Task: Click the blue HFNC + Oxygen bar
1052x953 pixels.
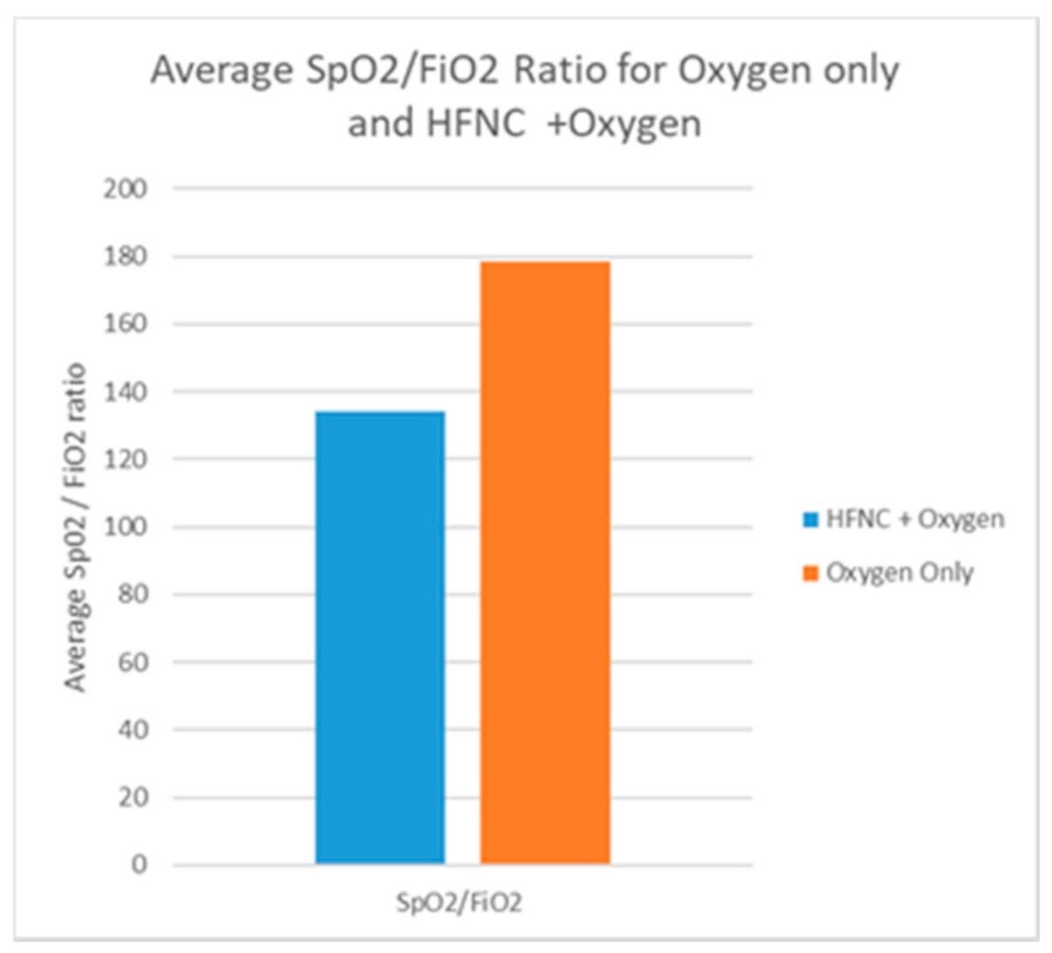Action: point(379,636)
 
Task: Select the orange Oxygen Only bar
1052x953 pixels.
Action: point(544,562)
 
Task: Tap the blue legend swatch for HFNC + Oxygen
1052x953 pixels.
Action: point(810,521)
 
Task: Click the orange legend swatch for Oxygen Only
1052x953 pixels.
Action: point(810,574)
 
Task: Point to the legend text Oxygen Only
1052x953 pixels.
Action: point(899,573)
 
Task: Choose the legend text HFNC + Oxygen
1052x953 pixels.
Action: point(915,520)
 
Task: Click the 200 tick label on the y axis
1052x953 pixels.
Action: point(125,188)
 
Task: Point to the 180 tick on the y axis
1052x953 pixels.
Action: point(125,256)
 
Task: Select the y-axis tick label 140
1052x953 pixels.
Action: point(125,391)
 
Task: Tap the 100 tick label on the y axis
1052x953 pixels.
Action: point(125,527)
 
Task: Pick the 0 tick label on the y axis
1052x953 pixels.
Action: point(139,864)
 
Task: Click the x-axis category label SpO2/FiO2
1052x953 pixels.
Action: point(459,902)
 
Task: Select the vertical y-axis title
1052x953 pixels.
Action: point(76,527)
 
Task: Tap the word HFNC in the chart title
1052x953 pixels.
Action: point(475,123)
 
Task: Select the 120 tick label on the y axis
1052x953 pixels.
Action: point(125,459)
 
